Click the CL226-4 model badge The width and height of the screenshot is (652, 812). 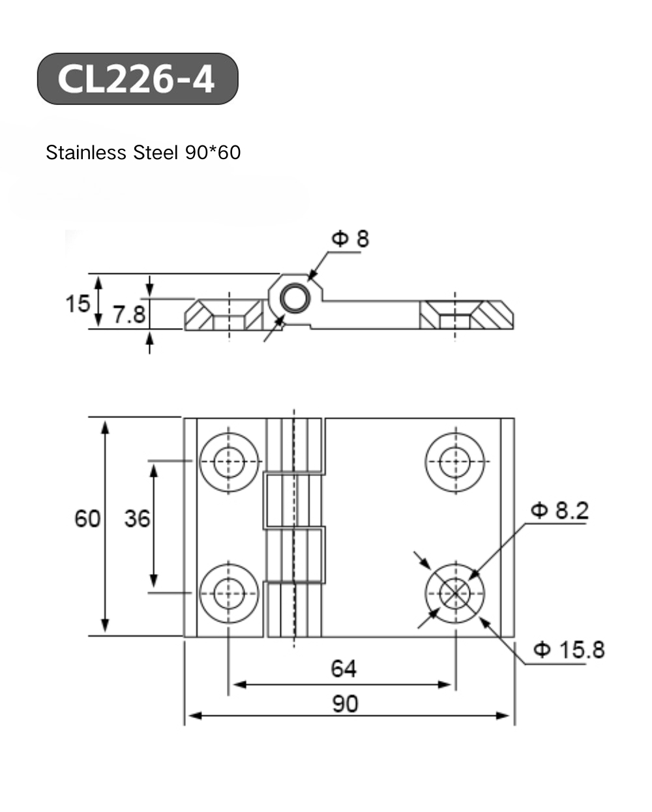pyautogui.click(x=137, y=79)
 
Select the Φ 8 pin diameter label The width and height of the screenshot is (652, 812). pyautogui.click(x=350, y=239)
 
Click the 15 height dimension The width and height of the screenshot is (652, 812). pyautogui.click(x=77, y=303)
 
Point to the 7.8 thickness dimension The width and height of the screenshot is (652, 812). pyautogui.click(x=129, y=315)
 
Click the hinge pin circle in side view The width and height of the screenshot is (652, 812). pyautogui.click(x=295, y=299)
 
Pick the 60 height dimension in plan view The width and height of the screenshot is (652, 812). pyautogui.click(x=87, y=519)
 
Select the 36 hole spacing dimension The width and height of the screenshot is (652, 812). pyautogui.click(x=137, y=519)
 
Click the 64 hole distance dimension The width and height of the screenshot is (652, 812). pyautogui.click(x=344, y=669)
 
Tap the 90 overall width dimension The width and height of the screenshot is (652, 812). pyautogui.click(x=346, y=704)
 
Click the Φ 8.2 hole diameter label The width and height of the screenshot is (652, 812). pyautogui.click(x=559, y=510)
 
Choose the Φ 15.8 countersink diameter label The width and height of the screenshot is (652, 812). pyautogui.click(x=569, y=650)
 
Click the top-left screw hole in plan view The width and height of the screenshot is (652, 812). pyautogui.click(x=229, y=462)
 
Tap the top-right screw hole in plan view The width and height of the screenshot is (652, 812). pyautogui.click(x=455, y=462)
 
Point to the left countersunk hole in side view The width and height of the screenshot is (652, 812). pyautogui.click(x=229, y=315)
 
